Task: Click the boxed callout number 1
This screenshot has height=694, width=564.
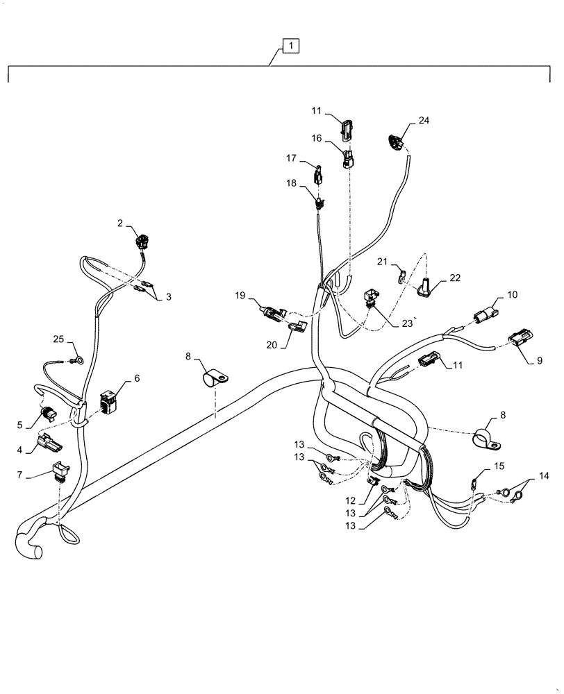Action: (x=290, y=46)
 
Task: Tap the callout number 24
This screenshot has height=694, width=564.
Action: (x=424, y=121)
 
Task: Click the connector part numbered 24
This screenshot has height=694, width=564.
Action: (x=395, y=143)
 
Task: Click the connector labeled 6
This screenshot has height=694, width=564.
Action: (x=109, y=403)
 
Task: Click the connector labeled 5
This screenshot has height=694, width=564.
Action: (x=49, y=414)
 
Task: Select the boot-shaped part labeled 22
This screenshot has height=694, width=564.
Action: (x=424, y=286)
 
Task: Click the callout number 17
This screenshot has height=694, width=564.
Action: (x=290, y=159)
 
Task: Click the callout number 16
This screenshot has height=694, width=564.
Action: (x=315, y=138)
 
